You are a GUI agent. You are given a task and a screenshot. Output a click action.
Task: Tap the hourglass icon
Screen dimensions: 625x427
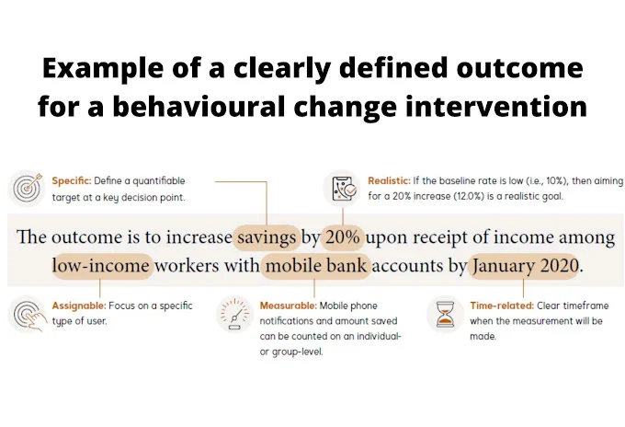(x=445, y=315)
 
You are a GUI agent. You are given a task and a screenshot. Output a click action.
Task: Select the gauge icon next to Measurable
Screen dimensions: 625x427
(x=234, y=315)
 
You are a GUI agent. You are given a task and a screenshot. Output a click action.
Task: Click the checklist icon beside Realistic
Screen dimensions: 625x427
(x=344, y=188)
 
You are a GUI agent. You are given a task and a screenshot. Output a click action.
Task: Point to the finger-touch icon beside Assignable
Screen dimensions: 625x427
(x=29, y=316)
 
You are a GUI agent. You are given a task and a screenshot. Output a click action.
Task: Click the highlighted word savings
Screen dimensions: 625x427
(x=267, y=237)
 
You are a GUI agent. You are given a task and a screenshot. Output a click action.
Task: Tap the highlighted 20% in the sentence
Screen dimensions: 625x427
(x=343, y=237)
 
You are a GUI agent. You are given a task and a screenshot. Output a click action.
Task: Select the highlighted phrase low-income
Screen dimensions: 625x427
(x=101, y=265)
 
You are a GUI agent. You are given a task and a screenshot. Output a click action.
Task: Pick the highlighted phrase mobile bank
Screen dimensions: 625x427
(x=316, y=265)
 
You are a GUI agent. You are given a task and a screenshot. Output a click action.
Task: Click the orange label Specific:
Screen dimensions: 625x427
(x=72, y=180)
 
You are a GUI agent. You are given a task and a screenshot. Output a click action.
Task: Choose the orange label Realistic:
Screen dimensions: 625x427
(x=389, y=180)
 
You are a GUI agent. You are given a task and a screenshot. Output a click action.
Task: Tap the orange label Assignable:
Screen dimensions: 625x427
(x=79, y=306)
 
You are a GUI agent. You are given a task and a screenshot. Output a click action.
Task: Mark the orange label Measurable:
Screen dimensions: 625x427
(x=289, y=306)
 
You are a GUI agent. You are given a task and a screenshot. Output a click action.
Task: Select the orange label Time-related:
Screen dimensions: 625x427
(x=502, y=306)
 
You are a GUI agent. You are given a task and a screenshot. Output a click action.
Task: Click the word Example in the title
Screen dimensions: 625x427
(x=103, y=68)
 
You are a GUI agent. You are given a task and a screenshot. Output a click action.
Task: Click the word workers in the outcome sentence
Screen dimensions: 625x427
(x=187, y=266)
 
